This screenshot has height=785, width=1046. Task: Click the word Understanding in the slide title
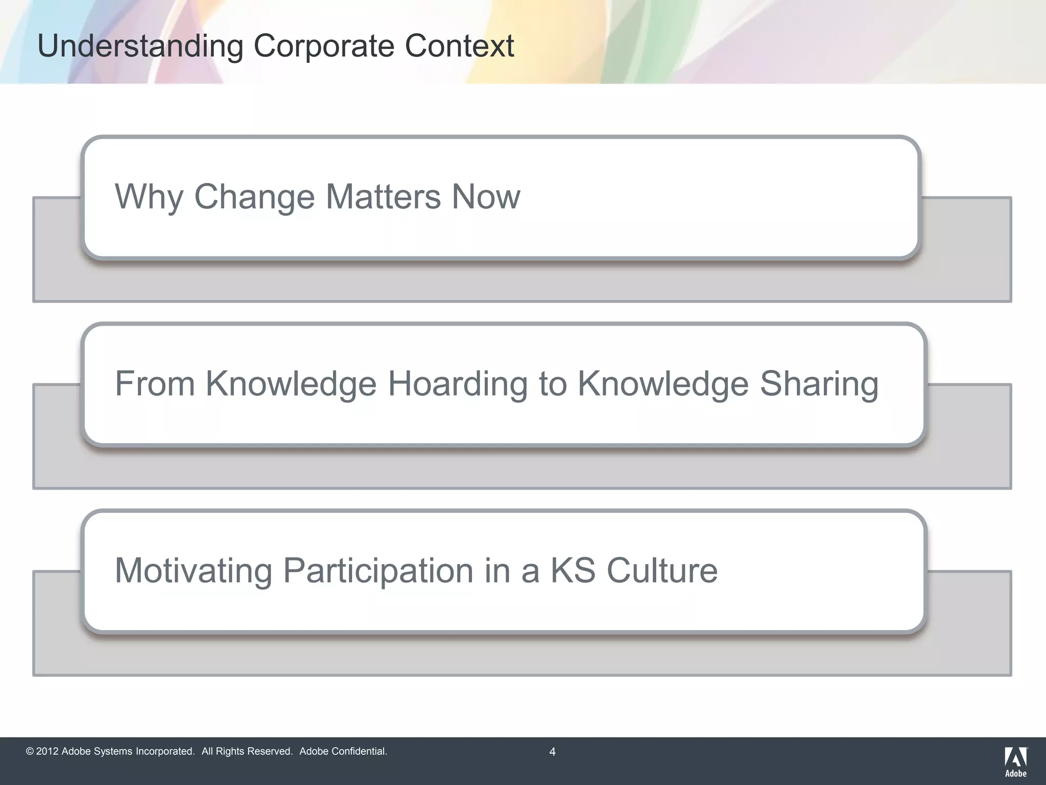140,47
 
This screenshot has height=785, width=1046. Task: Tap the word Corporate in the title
324,46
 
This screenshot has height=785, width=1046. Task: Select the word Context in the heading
459,46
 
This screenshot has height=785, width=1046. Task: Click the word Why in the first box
149,197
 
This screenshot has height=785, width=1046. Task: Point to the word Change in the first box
254,197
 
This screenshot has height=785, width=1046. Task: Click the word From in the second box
155,383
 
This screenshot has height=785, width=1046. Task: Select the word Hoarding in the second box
458,383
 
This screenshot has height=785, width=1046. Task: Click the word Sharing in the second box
819,384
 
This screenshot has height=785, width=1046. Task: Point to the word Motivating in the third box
194,570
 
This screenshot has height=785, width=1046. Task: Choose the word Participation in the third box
378,571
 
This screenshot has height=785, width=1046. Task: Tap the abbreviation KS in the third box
573,570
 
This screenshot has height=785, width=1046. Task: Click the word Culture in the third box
662,570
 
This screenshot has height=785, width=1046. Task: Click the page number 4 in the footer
552,752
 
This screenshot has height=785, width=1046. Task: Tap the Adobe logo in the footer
1016,761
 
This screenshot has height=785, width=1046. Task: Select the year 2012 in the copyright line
47,751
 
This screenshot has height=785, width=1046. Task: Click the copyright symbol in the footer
30,751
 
